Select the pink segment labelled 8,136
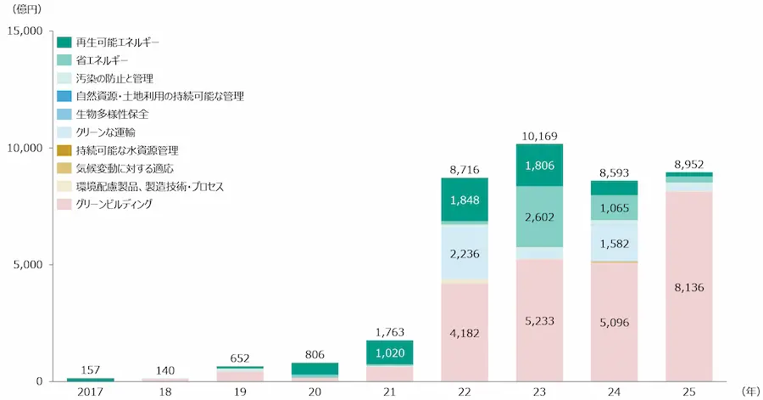click(688, 287)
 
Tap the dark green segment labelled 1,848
click(465, 200)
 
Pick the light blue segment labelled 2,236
click(465, 252)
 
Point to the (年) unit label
click(749, 392)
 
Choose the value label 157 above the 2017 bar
click(91, 369)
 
